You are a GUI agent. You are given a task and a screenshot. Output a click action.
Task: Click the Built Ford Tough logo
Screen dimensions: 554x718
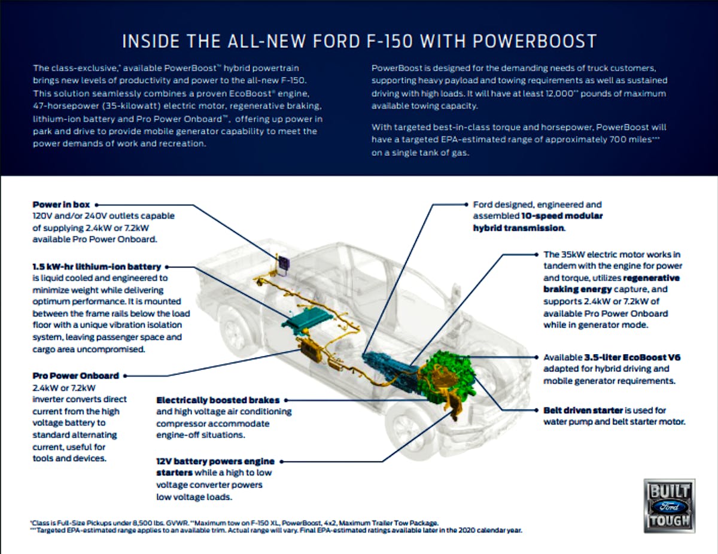[x=669, y=506]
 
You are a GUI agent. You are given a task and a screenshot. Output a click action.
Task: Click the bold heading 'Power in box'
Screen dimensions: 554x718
[x=62, y=205]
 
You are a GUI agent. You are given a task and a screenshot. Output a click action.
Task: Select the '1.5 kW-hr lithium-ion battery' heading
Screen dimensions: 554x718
[x=97, y=267]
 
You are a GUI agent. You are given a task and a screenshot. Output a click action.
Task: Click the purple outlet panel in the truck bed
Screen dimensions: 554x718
[x=282, y=263]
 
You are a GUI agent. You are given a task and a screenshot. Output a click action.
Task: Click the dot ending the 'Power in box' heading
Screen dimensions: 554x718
[x=97, y=205]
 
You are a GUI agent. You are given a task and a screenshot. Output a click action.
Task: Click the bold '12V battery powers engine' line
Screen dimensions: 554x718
[x=215, y=461]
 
